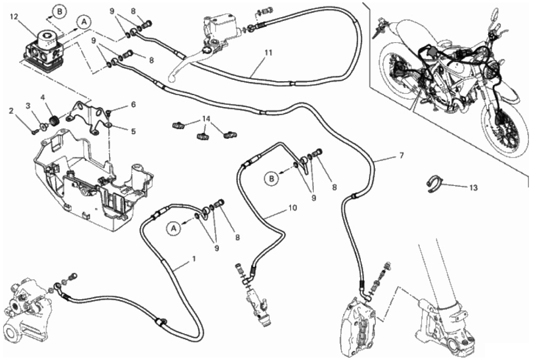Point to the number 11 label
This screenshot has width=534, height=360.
[x=268, y=53]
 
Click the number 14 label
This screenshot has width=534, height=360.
[x=206, y=118]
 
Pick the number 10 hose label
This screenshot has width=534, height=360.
[x=292, y=208]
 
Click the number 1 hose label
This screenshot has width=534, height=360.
[x=194, y=259]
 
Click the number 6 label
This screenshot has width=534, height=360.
[x=133, y=104]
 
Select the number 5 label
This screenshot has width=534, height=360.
[x=133, y=131]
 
